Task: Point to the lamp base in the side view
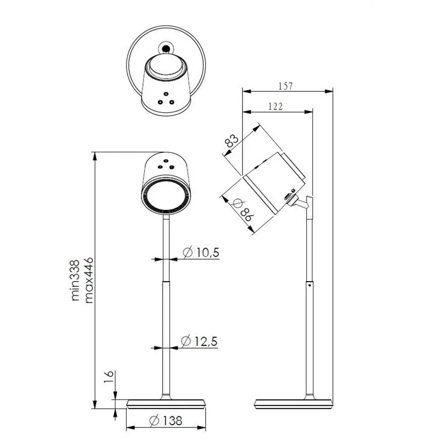pos(294,403)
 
